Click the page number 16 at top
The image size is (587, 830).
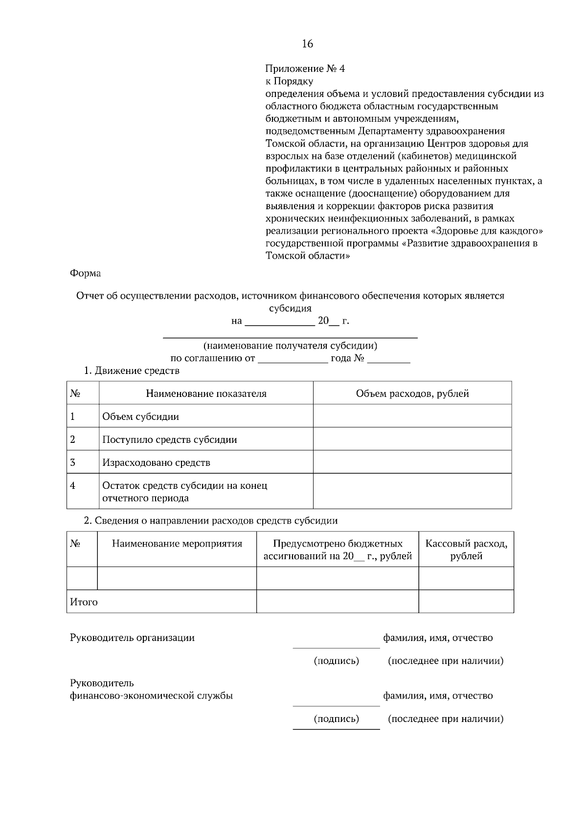tap(307, 44)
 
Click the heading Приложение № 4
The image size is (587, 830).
tap(305, 69)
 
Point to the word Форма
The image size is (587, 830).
tap(86, 274)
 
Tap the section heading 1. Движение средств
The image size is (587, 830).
tap(132, 371)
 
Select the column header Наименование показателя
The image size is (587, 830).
tap(206, 394)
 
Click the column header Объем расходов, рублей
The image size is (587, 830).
tap(412, 394)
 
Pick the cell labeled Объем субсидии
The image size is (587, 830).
tap(140, 417)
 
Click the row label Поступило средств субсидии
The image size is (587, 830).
tap(169, 440)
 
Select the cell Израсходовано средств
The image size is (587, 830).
tap(156, 463)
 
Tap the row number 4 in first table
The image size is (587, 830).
tap(73, 486)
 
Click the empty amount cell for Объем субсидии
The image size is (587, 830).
tap(412, 416)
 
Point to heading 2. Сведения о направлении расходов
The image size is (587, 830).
tap(210, 521)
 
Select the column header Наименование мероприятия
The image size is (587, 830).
tap(177, 544)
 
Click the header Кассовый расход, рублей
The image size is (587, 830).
tap(466, 550)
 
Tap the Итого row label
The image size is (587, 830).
tap(84, 602)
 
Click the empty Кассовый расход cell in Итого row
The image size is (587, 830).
tap(466, 602)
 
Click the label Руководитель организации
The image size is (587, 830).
tap(132, 638)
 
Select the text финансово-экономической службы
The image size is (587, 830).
tap(151, 696)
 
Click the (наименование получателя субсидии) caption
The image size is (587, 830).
tap(290, 346)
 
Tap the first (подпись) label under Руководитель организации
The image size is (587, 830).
tap(336, 661)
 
